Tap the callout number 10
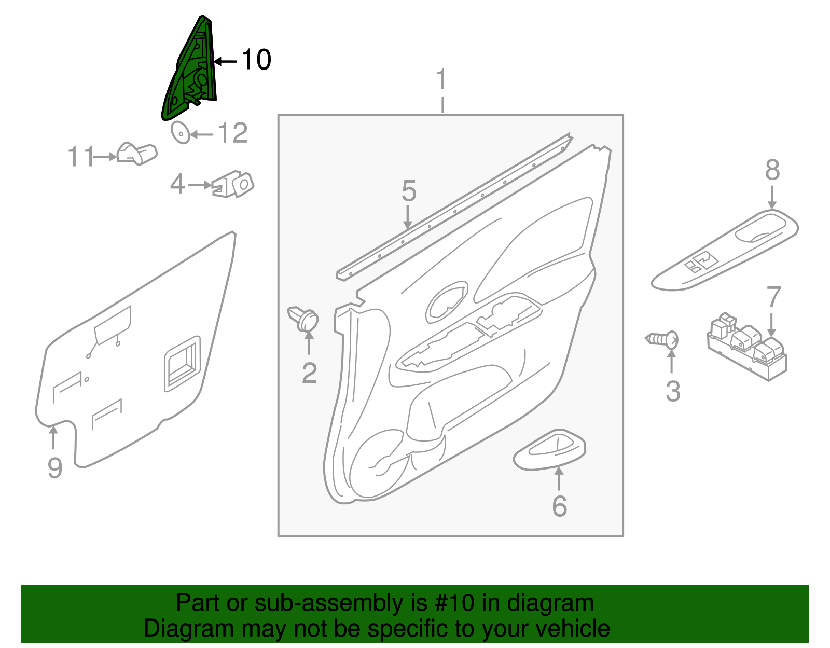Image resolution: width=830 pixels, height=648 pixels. click(256, 60)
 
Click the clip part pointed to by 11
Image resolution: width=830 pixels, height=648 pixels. click(137, 154)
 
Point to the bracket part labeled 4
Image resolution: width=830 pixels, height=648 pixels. click(234, 185)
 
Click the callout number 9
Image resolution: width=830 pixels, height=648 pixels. click(55, 468)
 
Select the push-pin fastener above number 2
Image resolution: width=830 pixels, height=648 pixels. click(304, 319)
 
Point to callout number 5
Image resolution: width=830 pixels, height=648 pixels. click(409, 191)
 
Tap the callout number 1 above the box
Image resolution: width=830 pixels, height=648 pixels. click(441, 80)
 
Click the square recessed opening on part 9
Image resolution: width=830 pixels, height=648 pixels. click(182, 363)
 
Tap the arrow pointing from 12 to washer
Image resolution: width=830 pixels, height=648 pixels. click(202, 135)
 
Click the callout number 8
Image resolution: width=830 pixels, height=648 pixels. click(772, 170)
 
